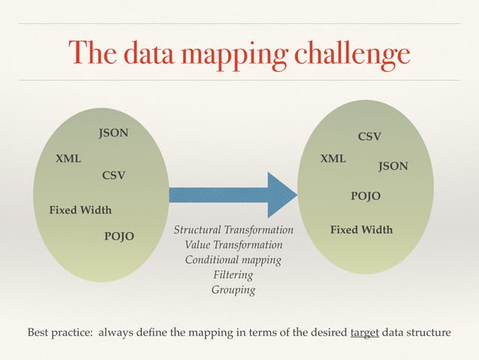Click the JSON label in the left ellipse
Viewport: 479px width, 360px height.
[x=113, y=134]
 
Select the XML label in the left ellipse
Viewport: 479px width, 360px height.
[x=68, y=159]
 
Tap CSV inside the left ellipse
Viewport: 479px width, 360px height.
[x=113, y=176]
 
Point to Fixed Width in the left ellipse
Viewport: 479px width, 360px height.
[x=80, y=210]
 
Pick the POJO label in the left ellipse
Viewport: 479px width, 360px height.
[x=119, y=237]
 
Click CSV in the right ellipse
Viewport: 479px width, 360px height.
[x=369, y=137]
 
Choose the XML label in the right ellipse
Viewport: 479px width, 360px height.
[x=333, y=159]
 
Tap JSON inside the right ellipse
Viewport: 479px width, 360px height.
[x=393, y=166]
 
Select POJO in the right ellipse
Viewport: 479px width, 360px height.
[x=366, y=196]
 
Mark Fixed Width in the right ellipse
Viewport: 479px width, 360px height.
[x=361, y=230]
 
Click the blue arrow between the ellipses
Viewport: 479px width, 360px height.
[x=233, y=195]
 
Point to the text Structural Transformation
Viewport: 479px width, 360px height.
[x=233, y=230]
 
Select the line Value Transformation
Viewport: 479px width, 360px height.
[x=233, y=245]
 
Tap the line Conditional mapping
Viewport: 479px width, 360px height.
[x=233, y=260]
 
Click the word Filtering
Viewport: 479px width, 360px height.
[x=233, y=275]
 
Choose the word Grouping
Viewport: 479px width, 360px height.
[x=233, y=290]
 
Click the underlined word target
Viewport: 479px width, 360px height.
[x=364, y=332]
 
